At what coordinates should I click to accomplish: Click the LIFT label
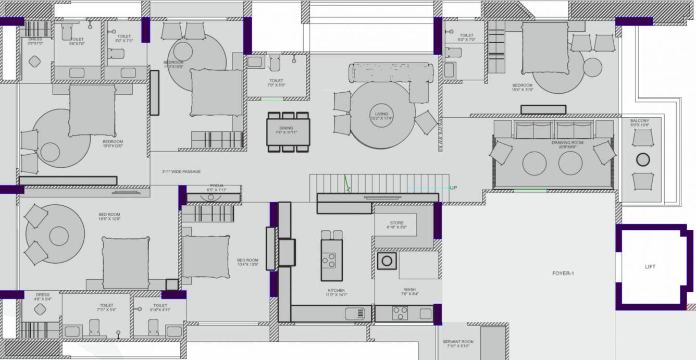point(650,267)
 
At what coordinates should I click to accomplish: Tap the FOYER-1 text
point(563,273)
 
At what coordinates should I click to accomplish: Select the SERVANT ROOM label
point(458,342)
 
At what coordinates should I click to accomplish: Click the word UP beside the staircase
point(453,188)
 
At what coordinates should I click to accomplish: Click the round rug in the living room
point(382,116)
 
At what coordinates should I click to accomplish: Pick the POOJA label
point(216,185)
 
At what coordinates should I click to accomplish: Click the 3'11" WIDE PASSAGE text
point(182,171)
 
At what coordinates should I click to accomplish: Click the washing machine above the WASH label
point(387,260)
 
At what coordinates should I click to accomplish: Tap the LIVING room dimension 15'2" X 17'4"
point(381,119)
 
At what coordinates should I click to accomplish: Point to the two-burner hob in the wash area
point(400,314)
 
